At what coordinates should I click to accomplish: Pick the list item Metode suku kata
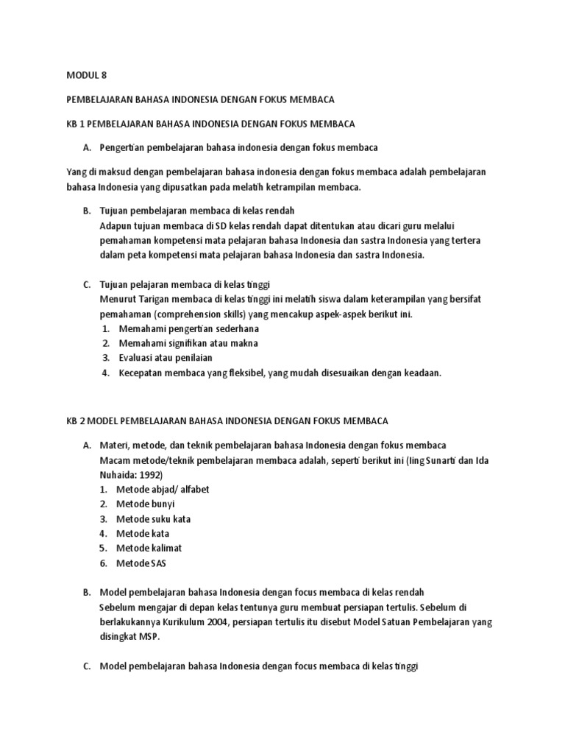click(153, 518)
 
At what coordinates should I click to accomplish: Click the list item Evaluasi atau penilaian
click(166, 358)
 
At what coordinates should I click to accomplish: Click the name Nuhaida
click(118, 474)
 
